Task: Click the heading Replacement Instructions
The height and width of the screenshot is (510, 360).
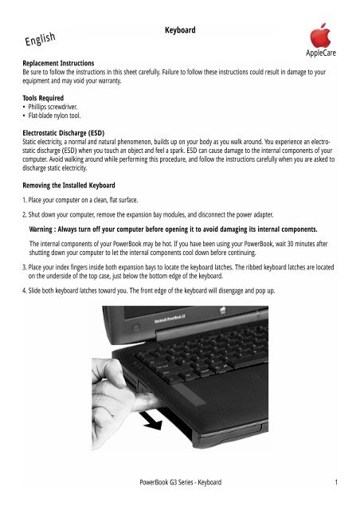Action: tap(58, 61)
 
